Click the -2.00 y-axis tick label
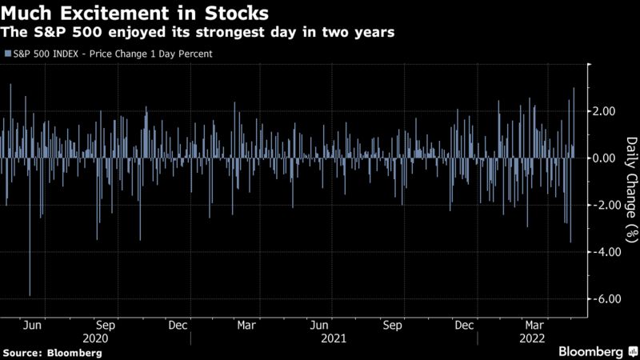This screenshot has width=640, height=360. pyautogui.click(x=606, y=205)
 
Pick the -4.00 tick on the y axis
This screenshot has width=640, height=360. pyautogui.click(x=606, y=252)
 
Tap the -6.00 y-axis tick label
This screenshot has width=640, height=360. pyautogui.click(x=606, y=298)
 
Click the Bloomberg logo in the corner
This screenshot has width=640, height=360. pyautogui.click(x=590, y=351)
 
